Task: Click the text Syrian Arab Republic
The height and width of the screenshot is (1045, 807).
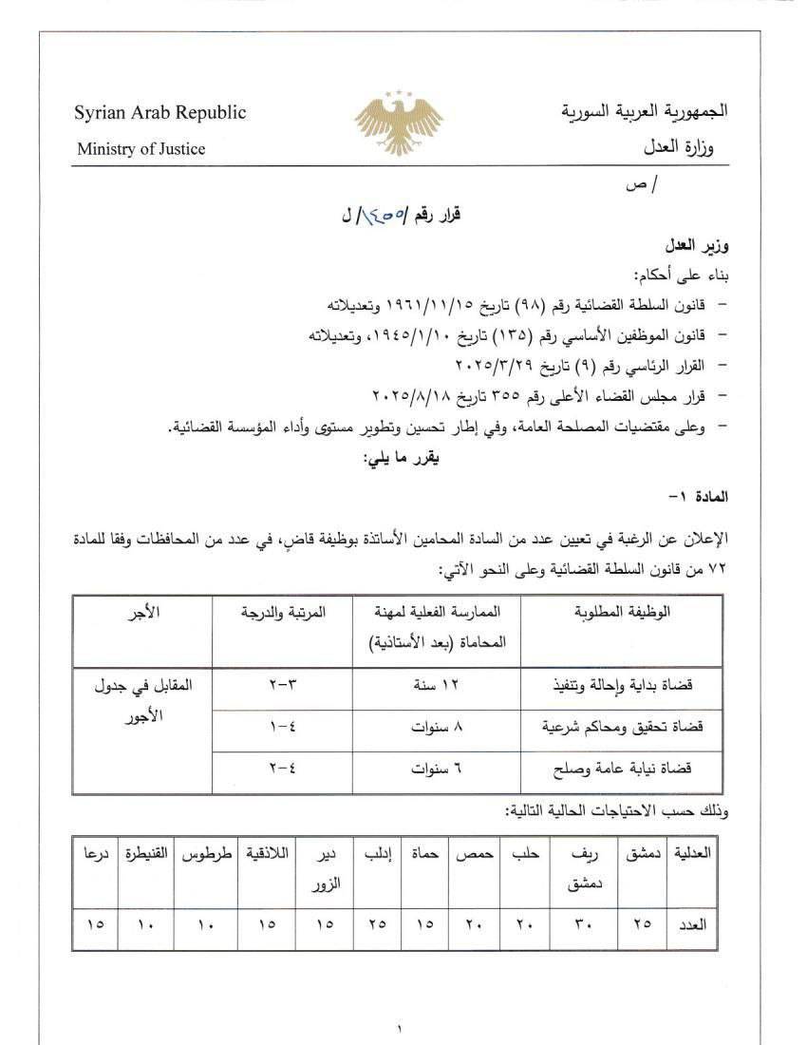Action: click(x=160, y=113)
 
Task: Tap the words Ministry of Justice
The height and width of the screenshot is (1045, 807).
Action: click(x=141, y=148)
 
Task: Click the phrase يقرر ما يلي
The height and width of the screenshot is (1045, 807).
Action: click(x=403, y=459)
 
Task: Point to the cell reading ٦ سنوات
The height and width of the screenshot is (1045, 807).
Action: click(x=437, y=769)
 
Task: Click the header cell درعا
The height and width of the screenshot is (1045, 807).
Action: click(x=95, y=853)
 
